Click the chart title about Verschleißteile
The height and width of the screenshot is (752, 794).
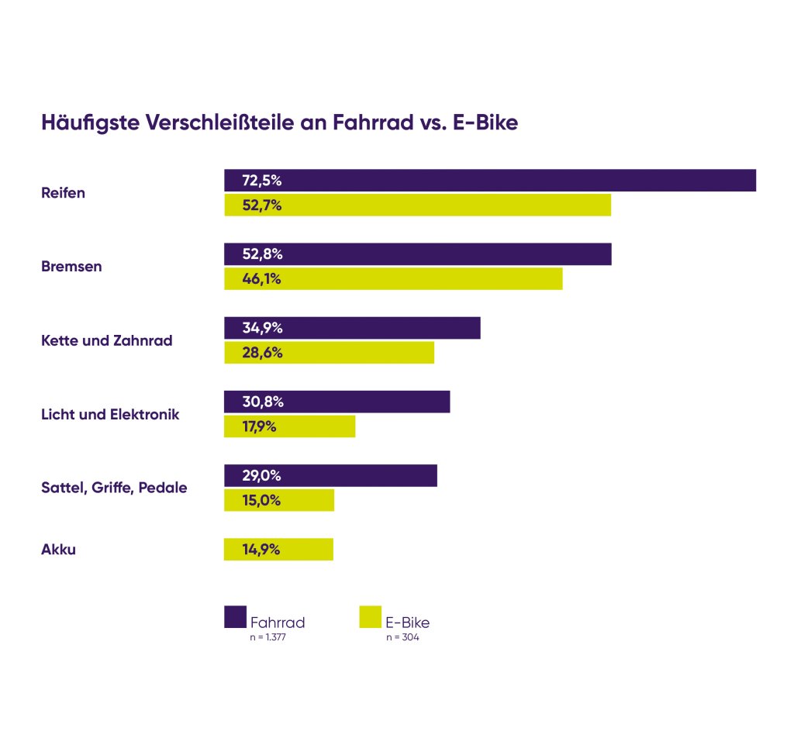(x=279, y=123)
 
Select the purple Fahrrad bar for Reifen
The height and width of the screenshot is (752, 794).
(x=489, y=181)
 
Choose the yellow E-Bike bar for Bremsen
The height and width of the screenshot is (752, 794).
(x=393, y=279)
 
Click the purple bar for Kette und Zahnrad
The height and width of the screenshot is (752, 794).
(x=352, y=328)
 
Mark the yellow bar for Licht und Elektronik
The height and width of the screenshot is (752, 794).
(x=289, y=426)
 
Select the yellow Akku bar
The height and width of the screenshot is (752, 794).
(x=278, y=550)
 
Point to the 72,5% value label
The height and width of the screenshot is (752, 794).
(x=261, y=181)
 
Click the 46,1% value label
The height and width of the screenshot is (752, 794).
(x=261, y=279)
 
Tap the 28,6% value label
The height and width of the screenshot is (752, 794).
(x=262, y=353)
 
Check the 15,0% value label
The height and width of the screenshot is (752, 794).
(x=261, y=500)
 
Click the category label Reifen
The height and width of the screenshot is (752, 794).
(x=63, y=193)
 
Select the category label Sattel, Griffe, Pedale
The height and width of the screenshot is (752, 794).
(x=114, y=488)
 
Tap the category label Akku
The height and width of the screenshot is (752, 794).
(x=58, y=550)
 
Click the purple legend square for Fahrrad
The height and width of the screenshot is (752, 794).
(x=235, y=616)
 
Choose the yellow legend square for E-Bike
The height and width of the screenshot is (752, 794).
(x=371, y=616)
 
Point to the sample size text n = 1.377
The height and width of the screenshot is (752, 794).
(x=268, y=638)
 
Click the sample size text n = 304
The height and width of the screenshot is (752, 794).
(x=402, y=638)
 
